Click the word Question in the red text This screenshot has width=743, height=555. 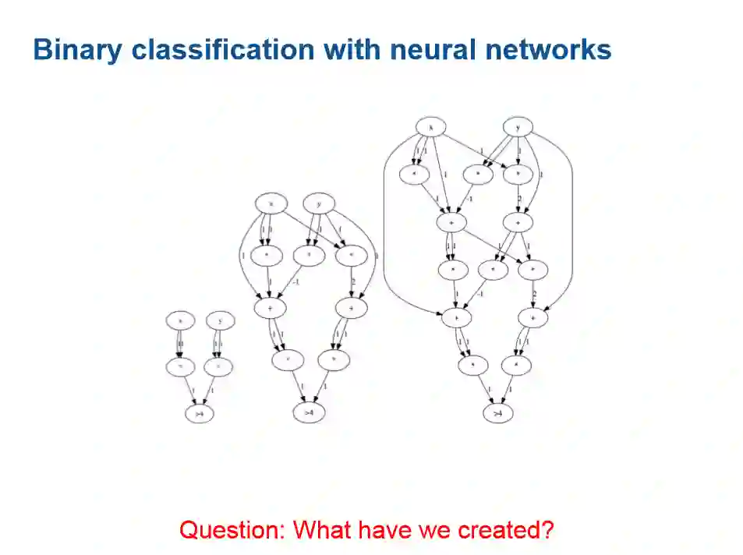pyautogui.click(x=232, y=530)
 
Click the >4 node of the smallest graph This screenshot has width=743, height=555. pyautogui.click(x=200, y=414)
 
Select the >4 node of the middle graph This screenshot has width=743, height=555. pyautogui.click(x=309, y=412)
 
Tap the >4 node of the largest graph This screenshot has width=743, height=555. pyautogui.click(x=497, y=412)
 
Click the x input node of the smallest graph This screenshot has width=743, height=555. pyautogui.click(x=180, y=320)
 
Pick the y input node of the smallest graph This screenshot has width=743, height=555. pyautogui.click(x=221, y=320)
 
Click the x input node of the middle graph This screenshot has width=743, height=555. pyautogui.click(x=271, y=204)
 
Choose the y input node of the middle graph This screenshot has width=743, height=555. pyautogui.click(x=319, y=204)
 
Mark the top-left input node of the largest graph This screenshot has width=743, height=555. pyautogui.click(x=430, y=126)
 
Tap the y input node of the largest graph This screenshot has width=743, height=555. pyautogui.click(x=517, y=126)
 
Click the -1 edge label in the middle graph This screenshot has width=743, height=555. pyautogui.click(x=295, y=281)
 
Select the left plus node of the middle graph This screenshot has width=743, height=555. pyautogui.click(x=270, y=308)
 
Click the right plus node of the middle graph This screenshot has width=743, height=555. pyautogui.click(x=351, y=308)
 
